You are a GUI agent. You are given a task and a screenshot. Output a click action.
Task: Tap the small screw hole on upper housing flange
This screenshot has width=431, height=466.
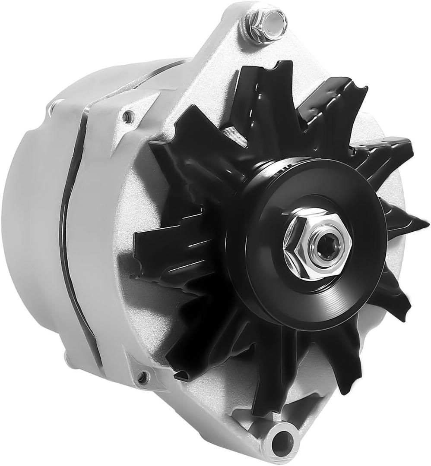[127, 116]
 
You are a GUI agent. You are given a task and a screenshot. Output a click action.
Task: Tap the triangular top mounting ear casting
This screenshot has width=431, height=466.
[225, 47]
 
